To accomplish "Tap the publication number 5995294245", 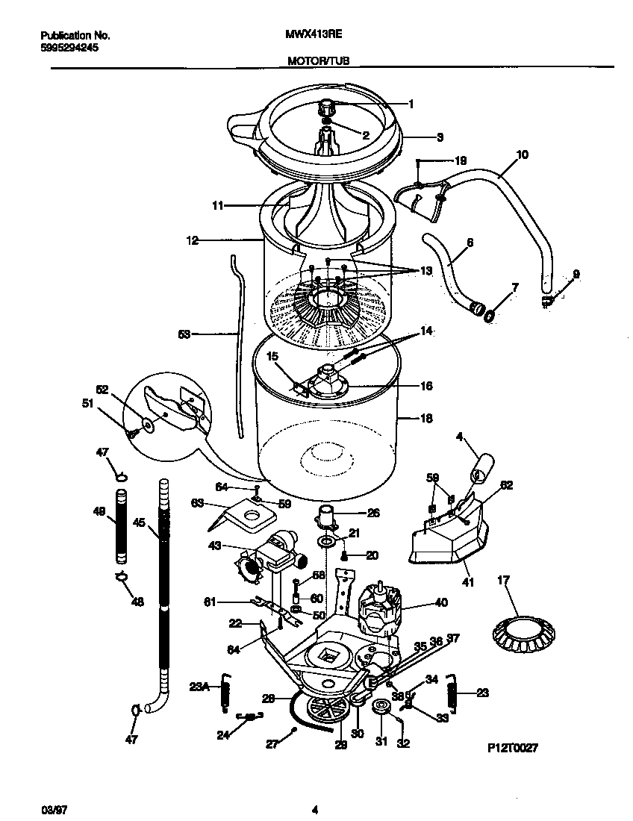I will [x=69, y=47].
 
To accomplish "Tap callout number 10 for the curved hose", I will [x=521, y=155].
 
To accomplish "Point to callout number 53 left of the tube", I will [x=184, y=335].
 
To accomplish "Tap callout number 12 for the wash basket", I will [x=192, y=240].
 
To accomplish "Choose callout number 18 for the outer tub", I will [x=426, y=419].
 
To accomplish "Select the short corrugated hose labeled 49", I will [x=119, y=526].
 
